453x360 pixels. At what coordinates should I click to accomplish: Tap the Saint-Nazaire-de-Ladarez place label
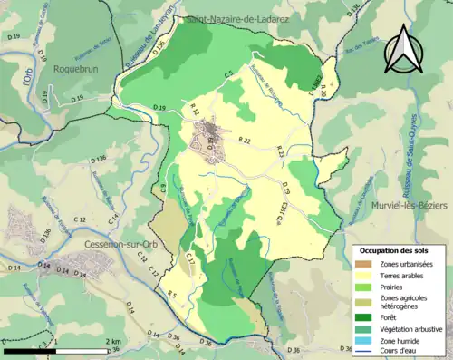[236, 18]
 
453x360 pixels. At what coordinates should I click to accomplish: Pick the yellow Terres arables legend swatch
[364, 274]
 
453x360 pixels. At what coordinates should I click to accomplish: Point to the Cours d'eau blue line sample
[364, 349]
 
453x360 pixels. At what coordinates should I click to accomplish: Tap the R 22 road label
[245, 141]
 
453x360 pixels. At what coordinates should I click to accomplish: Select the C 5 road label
[229, 72]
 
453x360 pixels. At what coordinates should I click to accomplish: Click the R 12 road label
[195, 109]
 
